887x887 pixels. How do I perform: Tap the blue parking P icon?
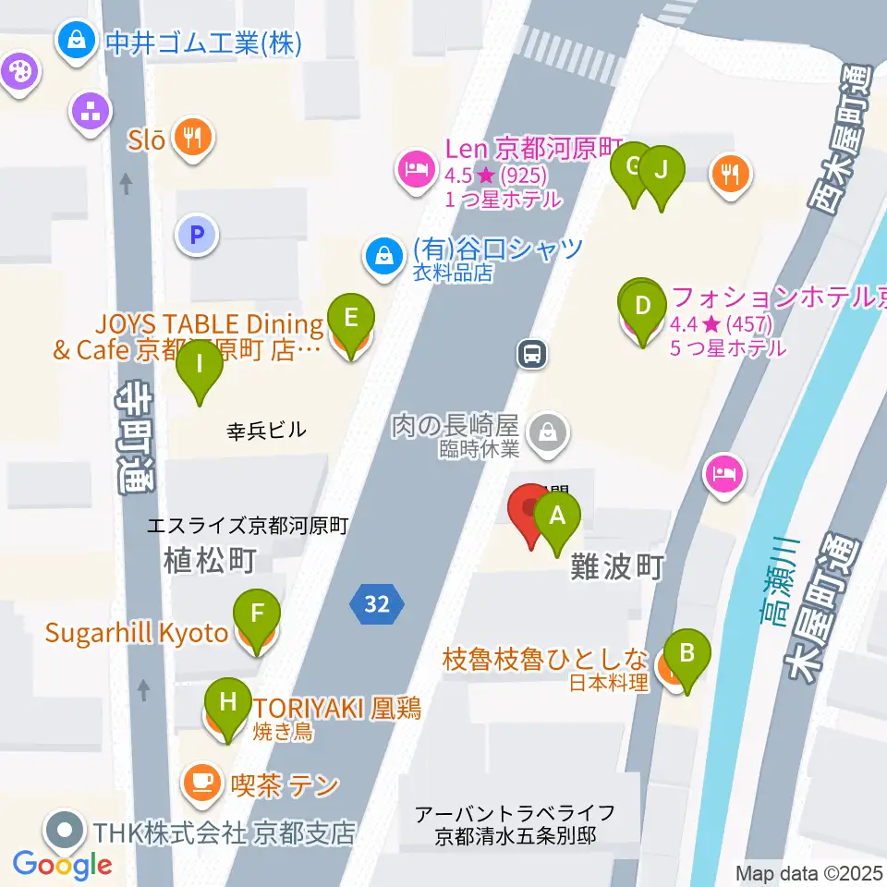[x=196, y=235]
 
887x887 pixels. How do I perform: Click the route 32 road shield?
[x=376, y=604]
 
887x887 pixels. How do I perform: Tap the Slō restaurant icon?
[x=192, y=139]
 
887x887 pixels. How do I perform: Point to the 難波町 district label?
[x=617, y=567]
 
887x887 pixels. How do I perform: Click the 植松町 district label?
[x=209, y=560]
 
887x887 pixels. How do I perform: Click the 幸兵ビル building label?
[x=266, y=430]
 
